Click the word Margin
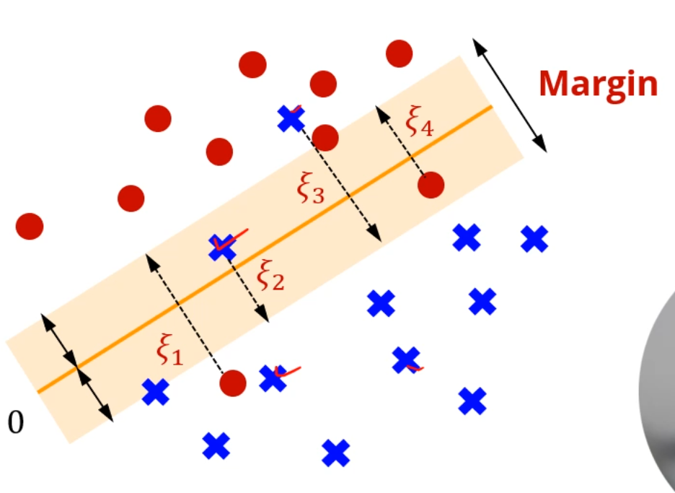[598, 84]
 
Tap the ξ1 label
[170, 352]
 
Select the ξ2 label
[270, 276]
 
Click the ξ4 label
[419, 121]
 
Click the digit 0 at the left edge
[16, 423]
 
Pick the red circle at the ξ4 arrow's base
[431, 185]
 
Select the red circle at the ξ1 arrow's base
[232, 383]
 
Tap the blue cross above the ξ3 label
[291, 118]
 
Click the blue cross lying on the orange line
[222, 248]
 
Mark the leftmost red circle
[30, 226]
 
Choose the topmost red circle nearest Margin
[399, 53]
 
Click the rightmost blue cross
[534, 238]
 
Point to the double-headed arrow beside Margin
[510, 95]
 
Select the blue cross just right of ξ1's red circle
[273, 378]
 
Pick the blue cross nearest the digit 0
[155, 392]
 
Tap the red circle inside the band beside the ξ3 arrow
[325, 137]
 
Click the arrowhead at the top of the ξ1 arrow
[149, 258]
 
